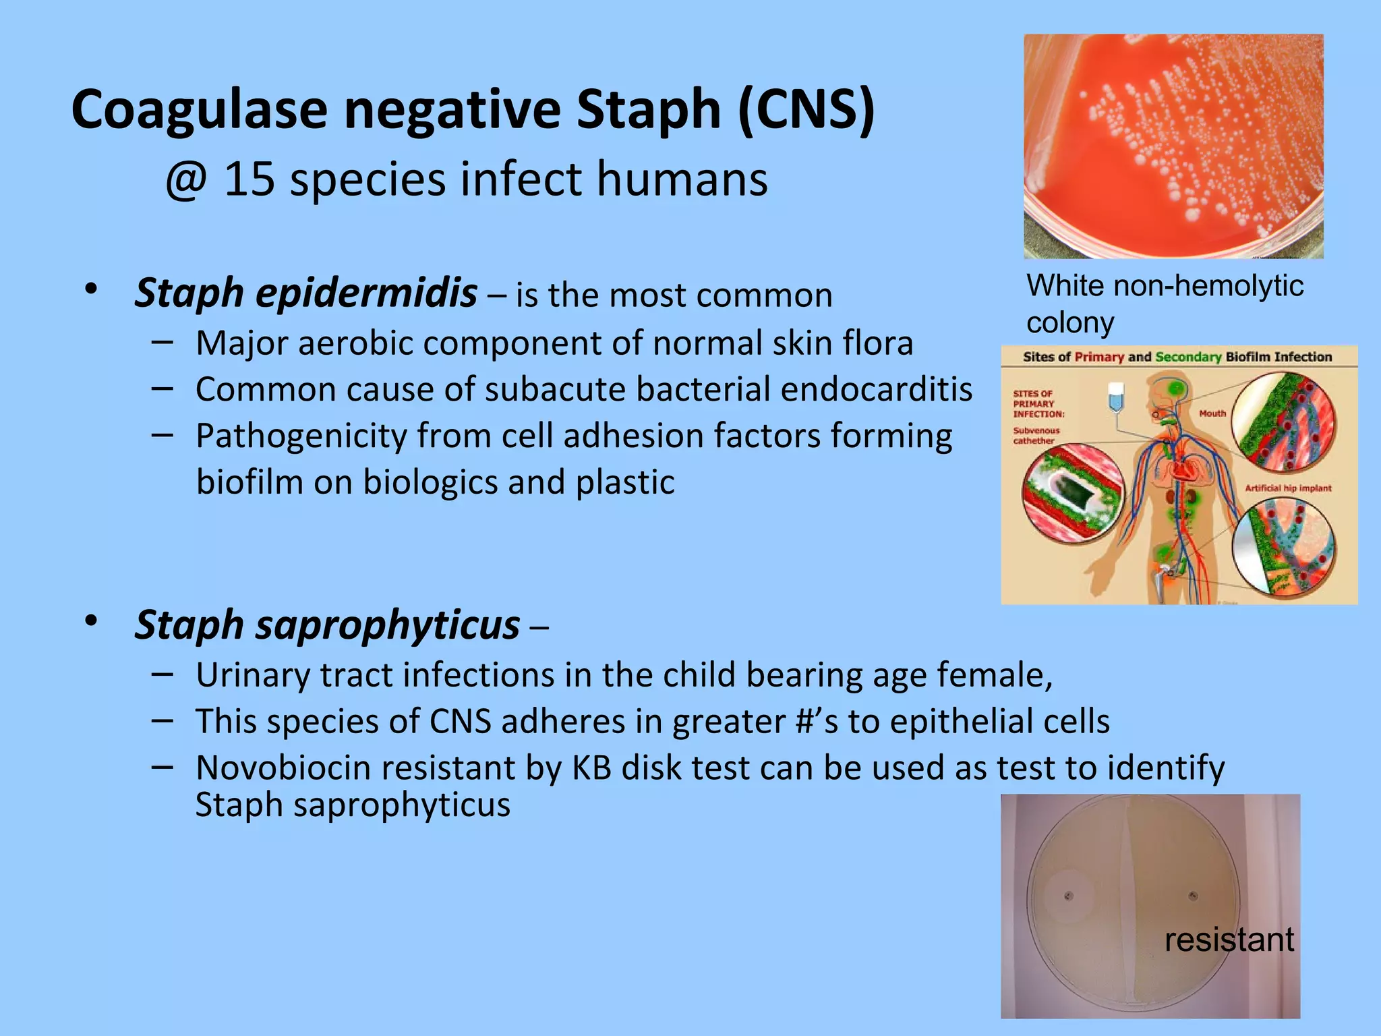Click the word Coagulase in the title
[x=200, y=110]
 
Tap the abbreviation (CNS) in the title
[x=806, y=110]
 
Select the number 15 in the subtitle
[x=249, y=180]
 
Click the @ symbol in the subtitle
[x=185, y=180]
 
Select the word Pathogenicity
[x=301, y=436]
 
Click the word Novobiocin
[x=283, y=768]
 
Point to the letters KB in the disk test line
[x=591, y=768]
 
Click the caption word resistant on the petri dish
[x=1229, y=940]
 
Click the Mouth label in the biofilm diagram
[x=1212, y=413]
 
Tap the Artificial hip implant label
[x=1288, y=488]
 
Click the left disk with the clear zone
[x=1069, y=896]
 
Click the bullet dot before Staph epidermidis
[x=91, y=290]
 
